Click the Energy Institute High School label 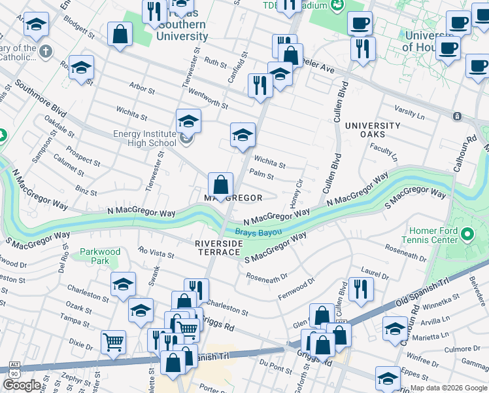click(x=144, y=138)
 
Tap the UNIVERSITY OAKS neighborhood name click(x=373, y=130)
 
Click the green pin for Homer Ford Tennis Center click(x=467, y=234)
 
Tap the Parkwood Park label click(x=100, y=256)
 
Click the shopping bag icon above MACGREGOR click(x=221, y=185)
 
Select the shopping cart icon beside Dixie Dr click(x=113, y=341)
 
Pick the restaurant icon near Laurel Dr click(x=360, y=288)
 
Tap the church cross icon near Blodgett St click(x=45, y=50)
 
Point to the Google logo click(x=22, y=384)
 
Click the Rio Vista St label click(x=156, y=253)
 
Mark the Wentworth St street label click(x=208, y=101)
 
